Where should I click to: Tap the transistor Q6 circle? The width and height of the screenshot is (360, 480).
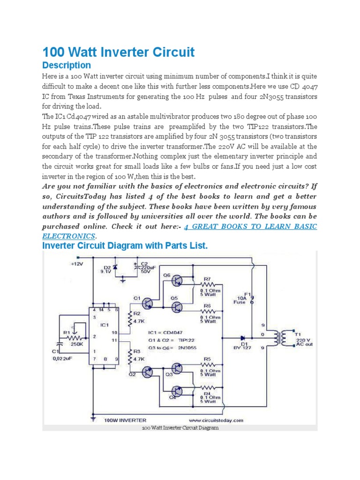coord(177,280)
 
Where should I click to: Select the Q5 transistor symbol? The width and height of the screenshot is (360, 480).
coord(177,307)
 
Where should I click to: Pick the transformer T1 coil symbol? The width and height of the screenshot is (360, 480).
coord(283,337)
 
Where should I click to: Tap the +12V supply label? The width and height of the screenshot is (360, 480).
coord(76,264)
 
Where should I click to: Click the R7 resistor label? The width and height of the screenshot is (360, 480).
coord(208,278)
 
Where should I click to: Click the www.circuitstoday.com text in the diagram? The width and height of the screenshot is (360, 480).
coord(216,420)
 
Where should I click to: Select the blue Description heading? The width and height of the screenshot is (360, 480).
coord(67,65)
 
